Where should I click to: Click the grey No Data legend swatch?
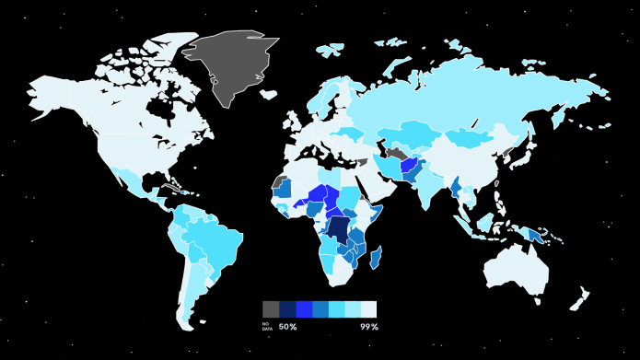271,309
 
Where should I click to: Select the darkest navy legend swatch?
287,309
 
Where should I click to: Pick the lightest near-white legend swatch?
369,309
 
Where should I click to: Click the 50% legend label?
287,327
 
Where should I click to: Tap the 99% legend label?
368,327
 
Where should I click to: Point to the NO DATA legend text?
267,327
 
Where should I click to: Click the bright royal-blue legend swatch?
304,309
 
